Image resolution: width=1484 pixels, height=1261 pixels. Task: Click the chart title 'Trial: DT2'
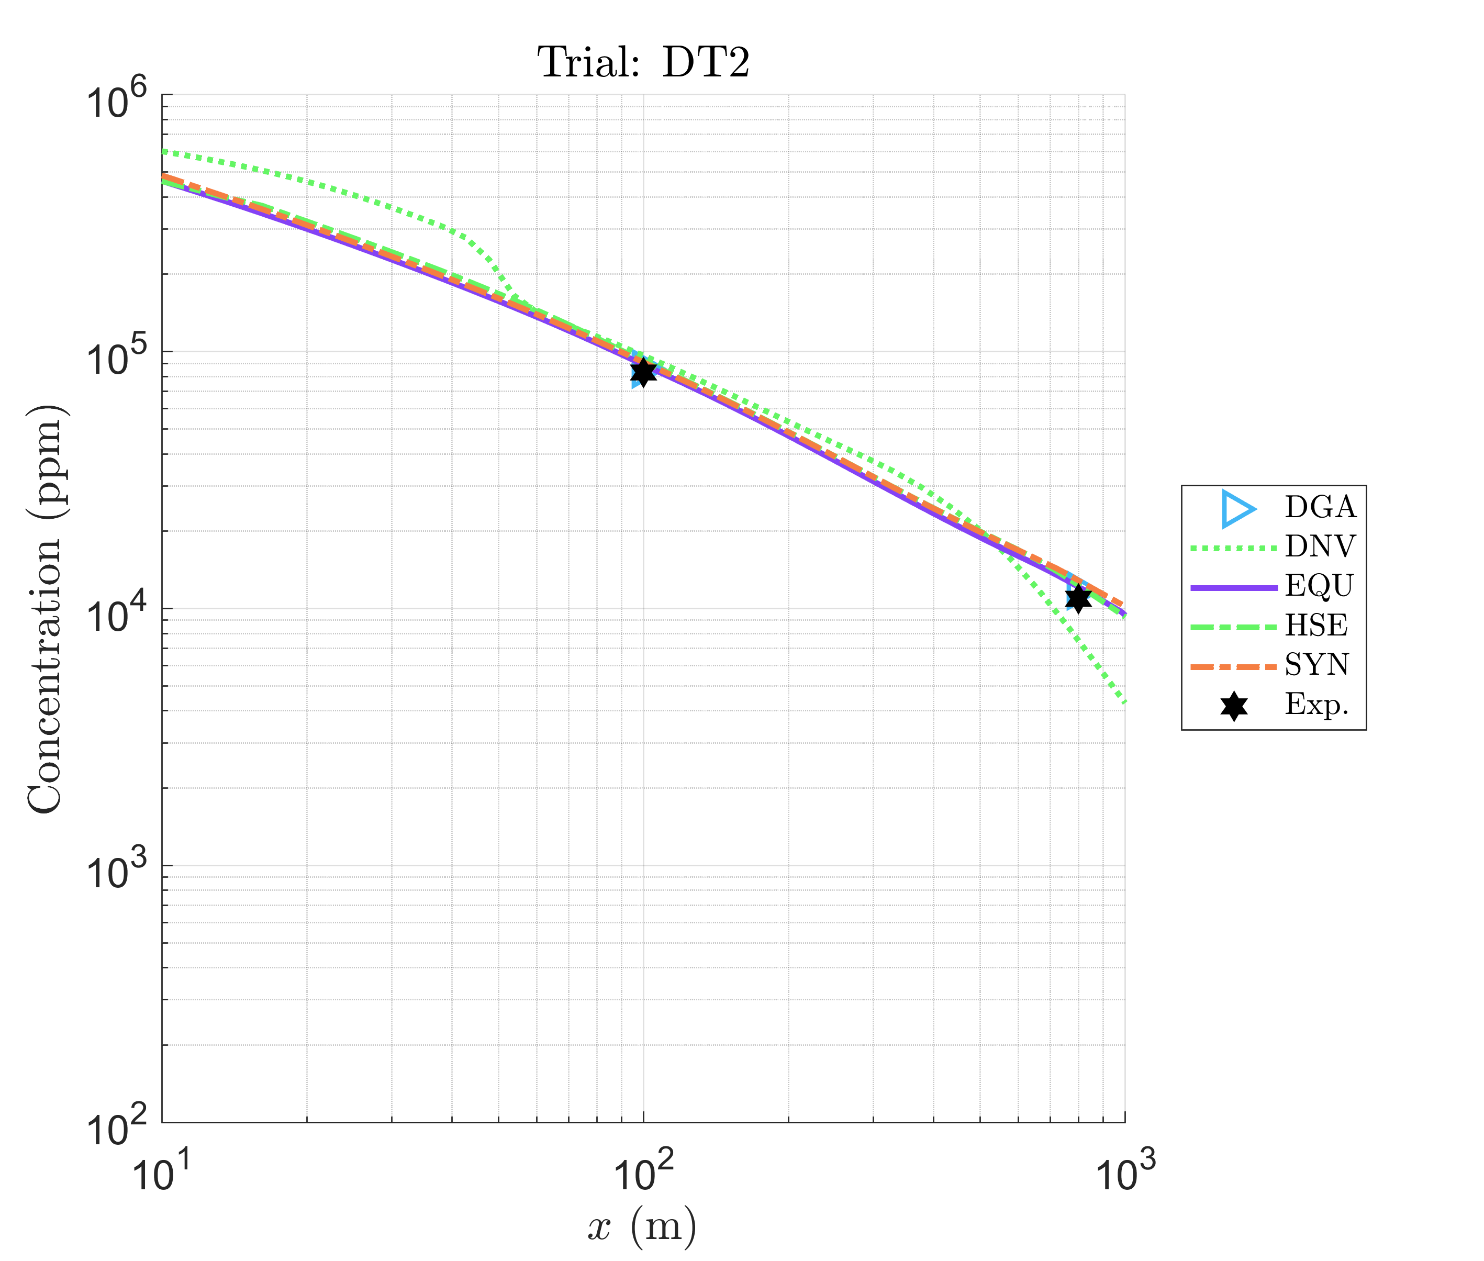pyautogui.click(x=643, y=63)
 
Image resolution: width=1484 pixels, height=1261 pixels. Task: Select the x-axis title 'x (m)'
pyautogui.click(x=641, y=1226)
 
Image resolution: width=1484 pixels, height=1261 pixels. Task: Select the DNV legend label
pyautogui.click(x=1320, y=547)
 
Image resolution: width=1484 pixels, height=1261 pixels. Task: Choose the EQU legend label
pyautogui.click(x=1319, y=586)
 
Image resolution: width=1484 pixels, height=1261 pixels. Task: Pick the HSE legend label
pyautogui.click(x=1316, y=626)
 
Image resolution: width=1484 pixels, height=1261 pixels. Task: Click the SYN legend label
pyautogui.click(x=1316, y=665)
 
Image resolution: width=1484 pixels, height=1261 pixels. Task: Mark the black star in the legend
pyautogui.click(x=1234, y=706)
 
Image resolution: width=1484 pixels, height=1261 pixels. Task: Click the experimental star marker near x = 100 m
pyautogui.click(x=643, y=371)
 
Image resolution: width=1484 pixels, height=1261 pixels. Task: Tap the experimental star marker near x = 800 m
pyautogui.click(x=1078, y=598)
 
